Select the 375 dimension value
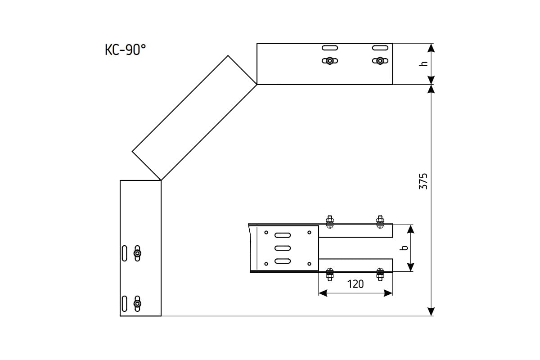tap(423, 180)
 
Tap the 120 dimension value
tap(355, 284)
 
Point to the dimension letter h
tap(423, 64)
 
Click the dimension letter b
tap(404, 247)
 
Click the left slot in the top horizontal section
tap(330, 48)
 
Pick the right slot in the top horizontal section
tap(380, 48)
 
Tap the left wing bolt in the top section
tap(330, 61)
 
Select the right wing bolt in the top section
tap(380, 61)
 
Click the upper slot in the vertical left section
tap(124, 253)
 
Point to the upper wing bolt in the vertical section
tap(137, 254)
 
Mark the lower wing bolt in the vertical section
tap(137, 304)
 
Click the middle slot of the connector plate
tap(283, 247)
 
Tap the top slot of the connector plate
tap(283, 234)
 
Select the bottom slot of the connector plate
tap(283, 261)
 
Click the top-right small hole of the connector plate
tap(309, 233)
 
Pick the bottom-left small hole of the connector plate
tap(266, 263)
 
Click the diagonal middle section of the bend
tap(194, 118)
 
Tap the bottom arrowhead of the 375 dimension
tap(431, 311)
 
